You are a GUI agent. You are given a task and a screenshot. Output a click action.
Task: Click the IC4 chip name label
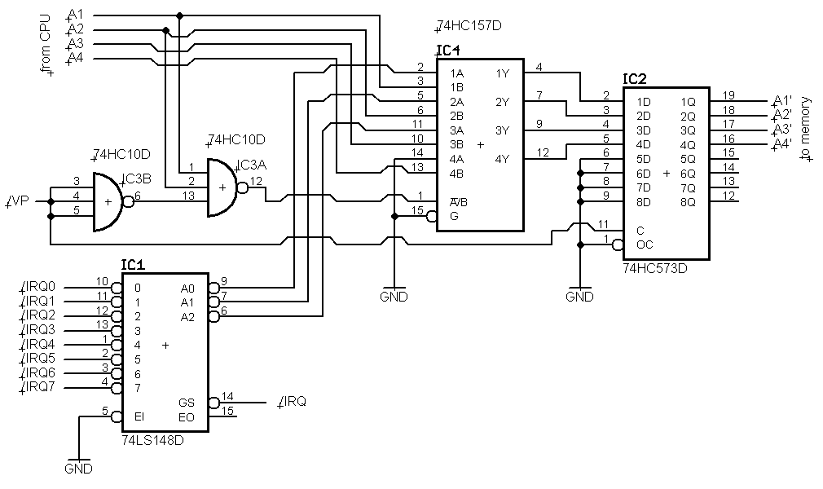click(x=448, y=51)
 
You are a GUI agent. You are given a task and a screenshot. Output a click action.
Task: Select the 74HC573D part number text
click(x=654, y=267)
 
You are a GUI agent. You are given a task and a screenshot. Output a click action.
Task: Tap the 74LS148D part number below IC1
click(x=152, y=441)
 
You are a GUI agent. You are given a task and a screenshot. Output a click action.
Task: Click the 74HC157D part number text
click(x=469, y=26)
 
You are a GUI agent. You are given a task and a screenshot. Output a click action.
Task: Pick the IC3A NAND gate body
click(x=222, y=187)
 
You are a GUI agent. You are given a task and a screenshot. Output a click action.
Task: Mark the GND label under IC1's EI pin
click(x=79, y=469)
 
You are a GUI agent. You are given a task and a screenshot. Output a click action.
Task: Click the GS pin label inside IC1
click(x=187, y=403)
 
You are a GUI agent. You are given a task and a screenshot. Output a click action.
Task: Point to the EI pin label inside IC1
click(x=139, y=417)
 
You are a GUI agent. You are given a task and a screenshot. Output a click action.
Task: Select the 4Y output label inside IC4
click(x=502, y=158)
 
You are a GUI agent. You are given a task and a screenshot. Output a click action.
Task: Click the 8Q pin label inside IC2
click(x=688, y=201)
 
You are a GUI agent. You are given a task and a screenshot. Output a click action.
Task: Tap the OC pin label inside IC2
click(x=645, y=244)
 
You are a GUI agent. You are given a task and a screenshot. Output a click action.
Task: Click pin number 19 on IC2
click(x=728, y=95)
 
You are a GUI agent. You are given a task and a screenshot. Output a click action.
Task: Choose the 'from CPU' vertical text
click(x=46, y=43)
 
